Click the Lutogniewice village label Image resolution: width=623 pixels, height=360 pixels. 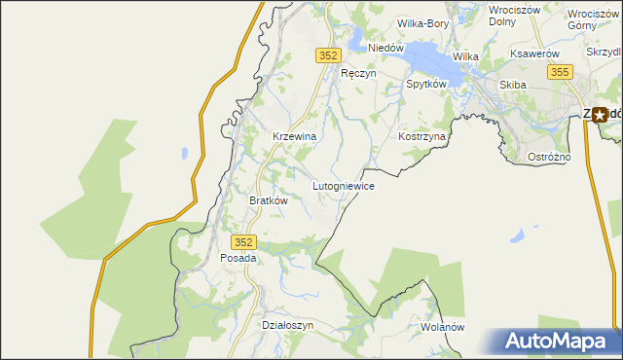[343, 185]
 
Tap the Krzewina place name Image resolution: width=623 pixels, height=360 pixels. [294, 137]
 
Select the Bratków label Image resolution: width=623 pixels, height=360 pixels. [269, 200]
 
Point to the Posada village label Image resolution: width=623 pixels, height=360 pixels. [238, 259]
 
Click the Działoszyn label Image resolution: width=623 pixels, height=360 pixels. [288, 326]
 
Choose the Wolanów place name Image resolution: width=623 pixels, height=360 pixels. [443, 328]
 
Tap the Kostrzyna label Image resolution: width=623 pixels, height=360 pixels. [421, 137]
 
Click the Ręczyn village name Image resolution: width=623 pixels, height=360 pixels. [357, 73]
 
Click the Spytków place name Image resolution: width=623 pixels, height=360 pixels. [425, 85]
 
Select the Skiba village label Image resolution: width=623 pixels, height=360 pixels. [512, 85]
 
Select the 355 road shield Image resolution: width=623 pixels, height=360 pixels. [559, 72]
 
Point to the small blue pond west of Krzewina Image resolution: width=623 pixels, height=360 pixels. [182, 153]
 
